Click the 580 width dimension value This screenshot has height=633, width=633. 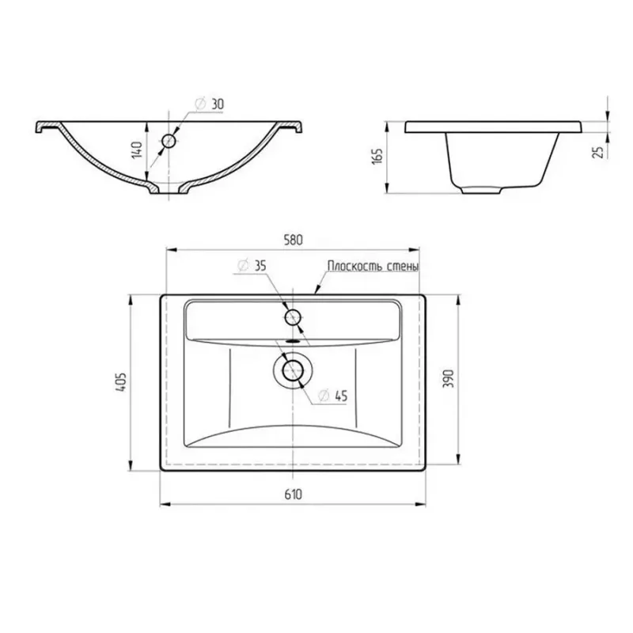pos(293,240)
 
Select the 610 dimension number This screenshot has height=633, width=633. pos(293,494)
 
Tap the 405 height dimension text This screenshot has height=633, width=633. pos(121,381)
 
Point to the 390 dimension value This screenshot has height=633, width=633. pos(449,378)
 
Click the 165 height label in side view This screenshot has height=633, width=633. pos(377,156)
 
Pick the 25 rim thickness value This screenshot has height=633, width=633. pos(600,152)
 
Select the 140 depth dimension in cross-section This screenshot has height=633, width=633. pos(138,150)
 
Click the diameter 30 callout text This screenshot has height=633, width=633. pos(209,104)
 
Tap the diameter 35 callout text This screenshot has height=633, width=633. pos(252,266)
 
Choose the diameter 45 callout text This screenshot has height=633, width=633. pos(332,396)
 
